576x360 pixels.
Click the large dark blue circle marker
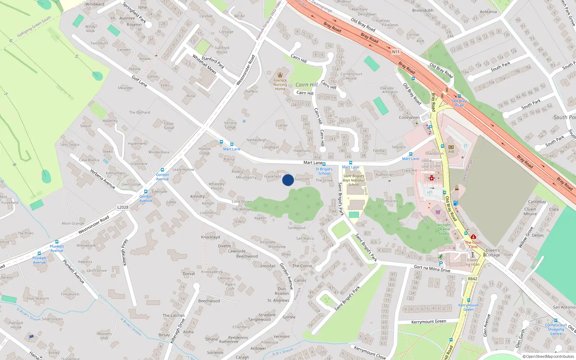click(288, 180)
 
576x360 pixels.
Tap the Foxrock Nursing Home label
click(280, 85)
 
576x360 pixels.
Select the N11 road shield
click(396, 52)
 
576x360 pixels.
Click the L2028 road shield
click(123, 207)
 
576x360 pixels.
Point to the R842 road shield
click(472, 279)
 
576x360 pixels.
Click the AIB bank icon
click(451, 147)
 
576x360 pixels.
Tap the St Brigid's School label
click(324, 171)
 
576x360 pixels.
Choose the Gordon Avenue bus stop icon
click(162, 170)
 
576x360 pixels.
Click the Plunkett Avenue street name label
click(74, 271)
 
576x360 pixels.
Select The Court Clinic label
click(473, 244)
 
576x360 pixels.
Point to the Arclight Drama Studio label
click(444, 229)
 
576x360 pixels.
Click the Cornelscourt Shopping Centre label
click(556, 329)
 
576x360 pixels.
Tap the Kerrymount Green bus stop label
click(468, 307)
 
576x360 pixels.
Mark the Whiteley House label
click(216, 186)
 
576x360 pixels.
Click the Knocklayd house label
click(210, 237)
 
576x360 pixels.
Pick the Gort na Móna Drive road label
click(432, 269)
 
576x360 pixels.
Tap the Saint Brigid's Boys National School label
click(354, 180)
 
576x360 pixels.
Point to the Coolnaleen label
click(409, 117)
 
